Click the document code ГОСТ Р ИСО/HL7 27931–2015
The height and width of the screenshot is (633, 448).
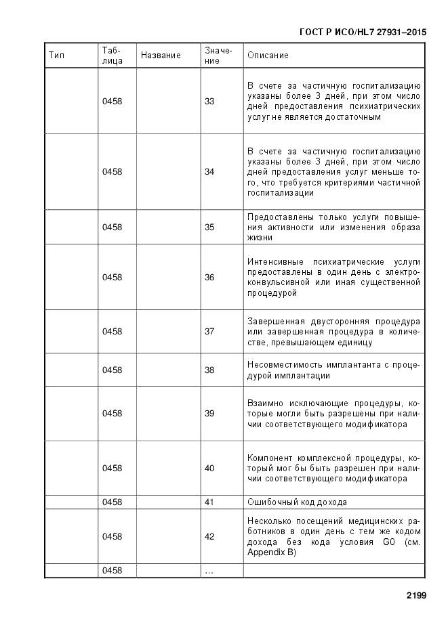click(x=363, y=32)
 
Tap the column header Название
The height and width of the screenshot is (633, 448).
click(x=161, y=56)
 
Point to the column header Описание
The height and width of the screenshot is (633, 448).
click(x=268, y=56)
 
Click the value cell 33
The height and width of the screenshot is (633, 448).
click(x=209, y=102)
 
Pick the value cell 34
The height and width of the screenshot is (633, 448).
click(x=210, y=172)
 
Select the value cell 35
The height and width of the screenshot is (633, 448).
click(x=209, y=227)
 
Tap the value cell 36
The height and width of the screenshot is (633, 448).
click(x=209, y=278)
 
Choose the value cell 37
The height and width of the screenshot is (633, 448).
click(x=209, y=332)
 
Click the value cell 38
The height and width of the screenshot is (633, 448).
click(x=209, y=370)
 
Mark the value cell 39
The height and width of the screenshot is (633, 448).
click(x=209, y=414)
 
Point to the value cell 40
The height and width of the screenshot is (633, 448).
click(x=209, y=468)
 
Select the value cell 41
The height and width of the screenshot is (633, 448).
click(x=209, y=502)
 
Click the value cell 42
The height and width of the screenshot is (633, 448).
click(x=209, y=537)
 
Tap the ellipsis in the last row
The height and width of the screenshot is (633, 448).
click(x=209, y=571)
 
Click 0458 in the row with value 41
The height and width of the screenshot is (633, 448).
click(x=113, y=502)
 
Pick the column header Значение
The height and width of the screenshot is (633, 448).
click(x=218, y=56)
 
